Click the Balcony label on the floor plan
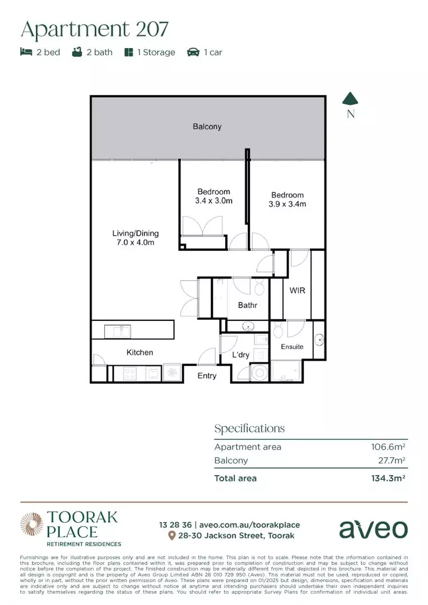tap(207, 127)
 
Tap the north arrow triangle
tap(351, 99)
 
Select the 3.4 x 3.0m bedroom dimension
tap(213, 201)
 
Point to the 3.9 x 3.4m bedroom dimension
tap(287, 204)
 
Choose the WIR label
tap(297, 291)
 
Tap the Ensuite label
tap(292, 347)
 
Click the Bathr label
tap(248, 305)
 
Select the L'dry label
tap(241, 355)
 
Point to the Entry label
tap(207, 375)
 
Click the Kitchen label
tap(139, 352)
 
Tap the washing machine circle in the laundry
tap(259, 373)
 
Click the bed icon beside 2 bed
tap(26, 52)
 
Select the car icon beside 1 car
tap(193, 52)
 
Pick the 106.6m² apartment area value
tap(388, 447)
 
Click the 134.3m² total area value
tap(387, 478)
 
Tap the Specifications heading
tap(249, 429)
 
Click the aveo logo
tap(373, 529)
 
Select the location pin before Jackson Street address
tap(172, 536)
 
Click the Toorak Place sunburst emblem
tap(31, 524)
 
